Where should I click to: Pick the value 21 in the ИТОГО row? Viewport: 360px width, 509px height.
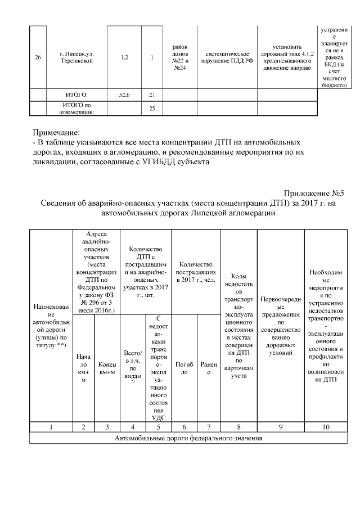click(152, 94)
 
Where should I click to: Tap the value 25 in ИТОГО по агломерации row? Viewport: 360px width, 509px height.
click(152, 109)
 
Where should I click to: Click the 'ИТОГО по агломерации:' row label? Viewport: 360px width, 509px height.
click(76, 109)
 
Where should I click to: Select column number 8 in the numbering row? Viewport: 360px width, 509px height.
click(239, 427)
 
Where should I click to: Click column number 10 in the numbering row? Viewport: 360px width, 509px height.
click(326, 427)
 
